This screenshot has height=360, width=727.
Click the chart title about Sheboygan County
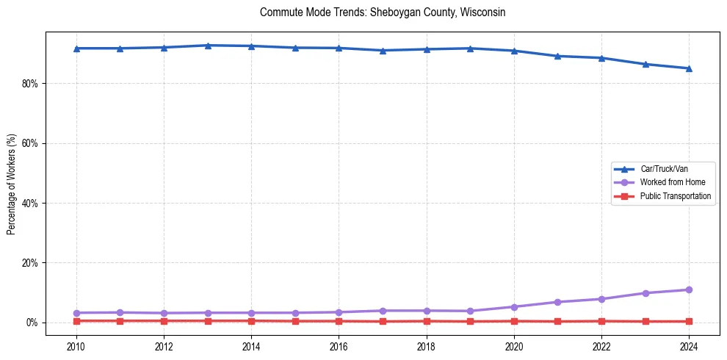(x=383, y=12)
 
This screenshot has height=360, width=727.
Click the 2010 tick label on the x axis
(x=76, y=345)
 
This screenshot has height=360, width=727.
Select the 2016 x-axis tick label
(x=339, y=345)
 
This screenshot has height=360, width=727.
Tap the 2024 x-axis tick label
(x=688, y=345)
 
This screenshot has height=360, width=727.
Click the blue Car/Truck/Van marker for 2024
(x=688, y=68)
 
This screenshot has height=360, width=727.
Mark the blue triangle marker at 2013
(x=208, y=46)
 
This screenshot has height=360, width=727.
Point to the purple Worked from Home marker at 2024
(x=688, y=289)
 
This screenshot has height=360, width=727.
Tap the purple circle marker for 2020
(x=513, y=307)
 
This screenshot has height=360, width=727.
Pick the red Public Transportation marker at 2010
(x=76, y=321)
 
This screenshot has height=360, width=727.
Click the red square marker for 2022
(x=601, y=321)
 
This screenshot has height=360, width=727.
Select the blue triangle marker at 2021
(x=557, y=56)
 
